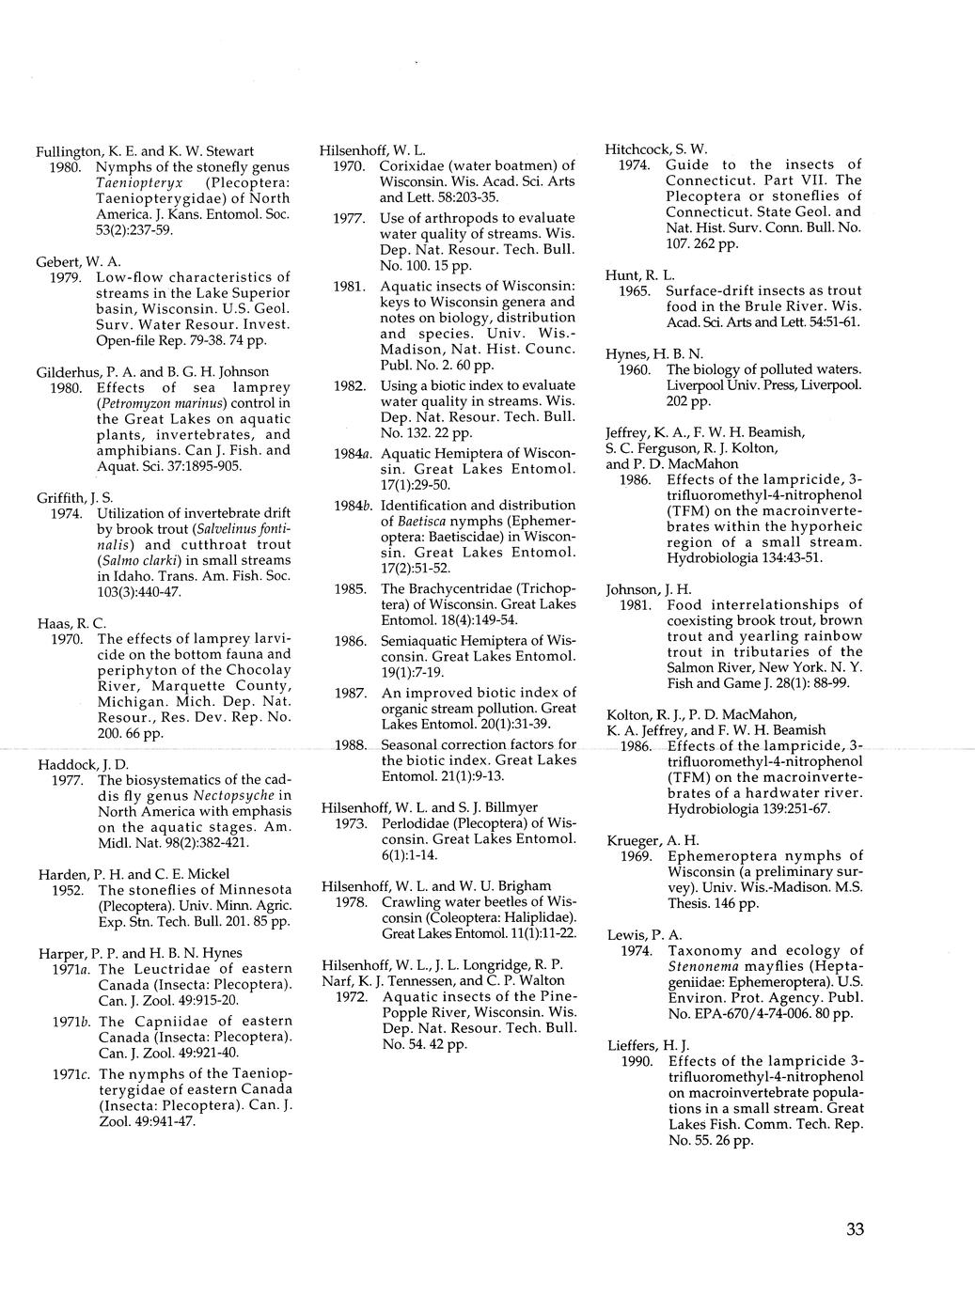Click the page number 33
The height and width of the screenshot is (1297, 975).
[x=855, y=1228]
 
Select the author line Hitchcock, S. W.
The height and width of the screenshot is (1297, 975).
[x=656, y=149]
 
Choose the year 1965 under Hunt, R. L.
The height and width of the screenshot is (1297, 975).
[x=636, y=291]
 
